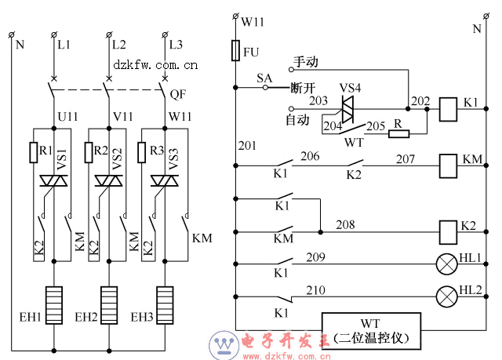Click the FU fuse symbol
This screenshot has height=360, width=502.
point(235,52)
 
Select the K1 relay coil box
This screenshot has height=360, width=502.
point(446,108)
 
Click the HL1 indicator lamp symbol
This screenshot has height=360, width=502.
point(446,264)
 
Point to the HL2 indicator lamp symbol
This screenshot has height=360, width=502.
point(446,296)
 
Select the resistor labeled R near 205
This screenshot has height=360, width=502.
point(398,133)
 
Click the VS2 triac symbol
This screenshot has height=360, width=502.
point(107,181)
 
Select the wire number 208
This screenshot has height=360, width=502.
point(346,225)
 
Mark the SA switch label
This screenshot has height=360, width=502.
point(264,78)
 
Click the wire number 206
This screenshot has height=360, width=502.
point(311,157)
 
